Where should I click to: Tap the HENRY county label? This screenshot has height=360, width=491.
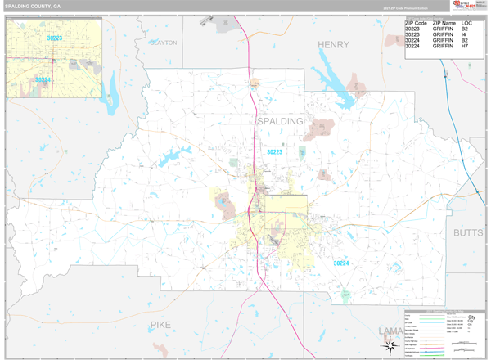[333, 44]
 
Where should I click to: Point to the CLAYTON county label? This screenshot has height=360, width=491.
[163, 43]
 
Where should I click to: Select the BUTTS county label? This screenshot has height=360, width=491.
[468, 233]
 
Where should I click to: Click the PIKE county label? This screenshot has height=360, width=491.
[160, 326]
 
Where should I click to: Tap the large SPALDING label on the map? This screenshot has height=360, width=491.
[280, 121]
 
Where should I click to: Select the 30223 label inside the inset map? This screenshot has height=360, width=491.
[55, 38]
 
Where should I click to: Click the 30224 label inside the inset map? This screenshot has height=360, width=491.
[43, 79]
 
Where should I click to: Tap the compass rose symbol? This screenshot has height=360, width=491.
[390, 344]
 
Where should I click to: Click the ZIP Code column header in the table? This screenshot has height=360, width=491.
[416, 23]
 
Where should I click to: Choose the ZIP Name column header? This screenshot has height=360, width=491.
[445, 23]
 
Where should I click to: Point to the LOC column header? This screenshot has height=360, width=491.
[466, 23]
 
